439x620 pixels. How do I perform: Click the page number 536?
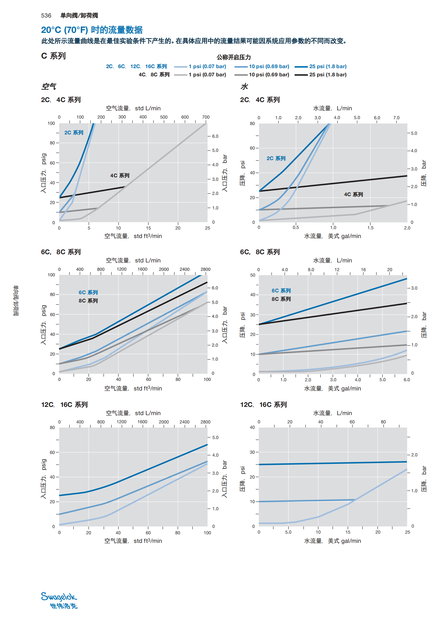[46, 16]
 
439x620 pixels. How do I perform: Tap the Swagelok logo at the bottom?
[59, 600]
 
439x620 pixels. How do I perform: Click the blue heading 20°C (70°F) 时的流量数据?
[92, 30]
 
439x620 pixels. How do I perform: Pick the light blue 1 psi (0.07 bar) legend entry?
[200, 67]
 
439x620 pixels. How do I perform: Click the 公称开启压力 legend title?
[234, 57]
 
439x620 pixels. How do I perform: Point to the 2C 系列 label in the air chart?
[74, 133]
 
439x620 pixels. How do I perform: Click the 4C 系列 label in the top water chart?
[353, 194]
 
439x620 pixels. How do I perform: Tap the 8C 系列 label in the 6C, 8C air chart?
[88, 301]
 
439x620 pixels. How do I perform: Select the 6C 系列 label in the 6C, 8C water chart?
[281, 291]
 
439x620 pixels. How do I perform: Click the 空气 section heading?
[49, 86]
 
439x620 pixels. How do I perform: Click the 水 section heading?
[244, 86]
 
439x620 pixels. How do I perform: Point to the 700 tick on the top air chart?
[206, 117]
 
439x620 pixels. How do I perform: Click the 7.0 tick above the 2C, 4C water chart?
[396, 118]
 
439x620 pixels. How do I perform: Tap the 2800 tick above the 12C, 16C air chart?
[205, 422]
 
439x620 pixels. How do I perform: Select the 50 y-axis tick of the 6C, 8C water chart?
[253, 275]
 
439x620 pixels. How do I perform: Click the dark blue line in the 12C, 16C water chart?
[333, 463]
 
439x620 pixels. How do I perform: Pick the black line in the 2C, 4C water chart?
[333, 184]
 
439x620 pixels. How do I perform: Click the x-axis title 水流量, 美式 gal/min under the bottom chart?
[333, 541]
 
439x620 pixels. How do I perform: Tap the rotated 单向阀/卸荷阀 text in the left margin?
[16, 301]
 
